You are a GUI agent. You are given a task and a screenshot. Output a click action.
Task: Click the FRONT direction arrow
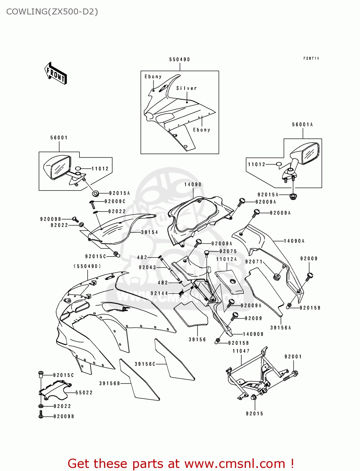click(56, 73)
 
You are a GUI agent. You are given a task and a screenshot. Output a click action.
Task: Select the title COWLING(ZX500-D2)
click(52, 12)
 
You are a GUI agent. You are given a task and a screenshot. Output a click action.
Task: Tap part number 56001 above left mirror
click(59, 138)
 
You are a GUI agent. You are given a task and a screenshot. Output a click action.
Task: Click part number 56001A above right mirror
click(303, 125)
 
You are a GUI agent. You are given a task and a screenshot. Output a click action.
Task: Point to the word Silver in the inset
click(186, 88)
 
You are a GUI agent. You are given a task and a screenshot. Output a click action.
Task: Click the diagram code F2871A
click(311, 58)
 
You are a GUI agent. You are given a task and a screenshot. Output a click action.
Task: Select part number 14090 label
click(193, 185)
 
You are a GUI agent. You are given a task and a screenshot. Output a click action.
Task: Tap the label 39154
click(150, 232)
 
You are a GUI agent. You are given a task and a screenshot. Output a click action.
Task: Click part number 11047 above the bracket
click(241, 351)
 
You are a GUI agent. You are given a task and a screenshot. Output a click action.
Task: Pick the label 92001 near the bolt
click(293, 357)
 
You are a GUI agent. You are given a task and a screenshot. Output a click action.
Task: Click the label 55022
click(84, 392)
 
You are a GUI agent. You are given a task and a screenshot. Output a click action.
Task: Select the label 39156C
click(145, 364)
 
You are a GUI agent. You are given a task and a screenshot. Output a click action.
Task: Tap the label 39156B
click(110, 383)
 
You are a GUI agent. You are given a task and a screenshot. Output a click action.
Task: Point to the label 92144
click(159, 294)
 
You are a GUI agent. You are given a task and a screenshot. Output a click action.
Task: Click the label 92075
click(228, 252)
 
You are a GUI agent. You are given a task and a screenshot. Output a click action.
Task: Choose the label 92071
click(254, 262)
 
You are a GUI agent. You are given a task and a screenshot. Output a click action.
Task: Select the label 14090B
click(253, 334)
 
